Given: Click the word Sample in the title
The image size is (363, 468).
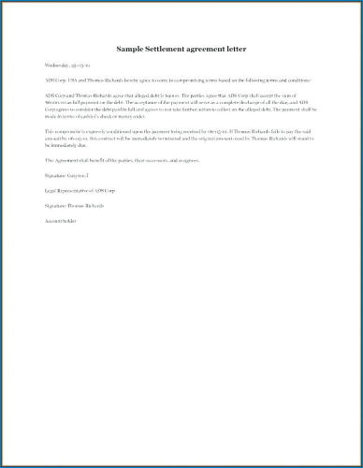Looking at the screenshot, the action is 132,48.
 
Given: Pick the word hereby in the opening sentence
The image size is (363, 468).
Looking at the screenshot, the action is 144,81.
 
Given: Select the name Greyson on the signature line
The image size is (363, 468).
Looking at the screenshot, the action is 78,174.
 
